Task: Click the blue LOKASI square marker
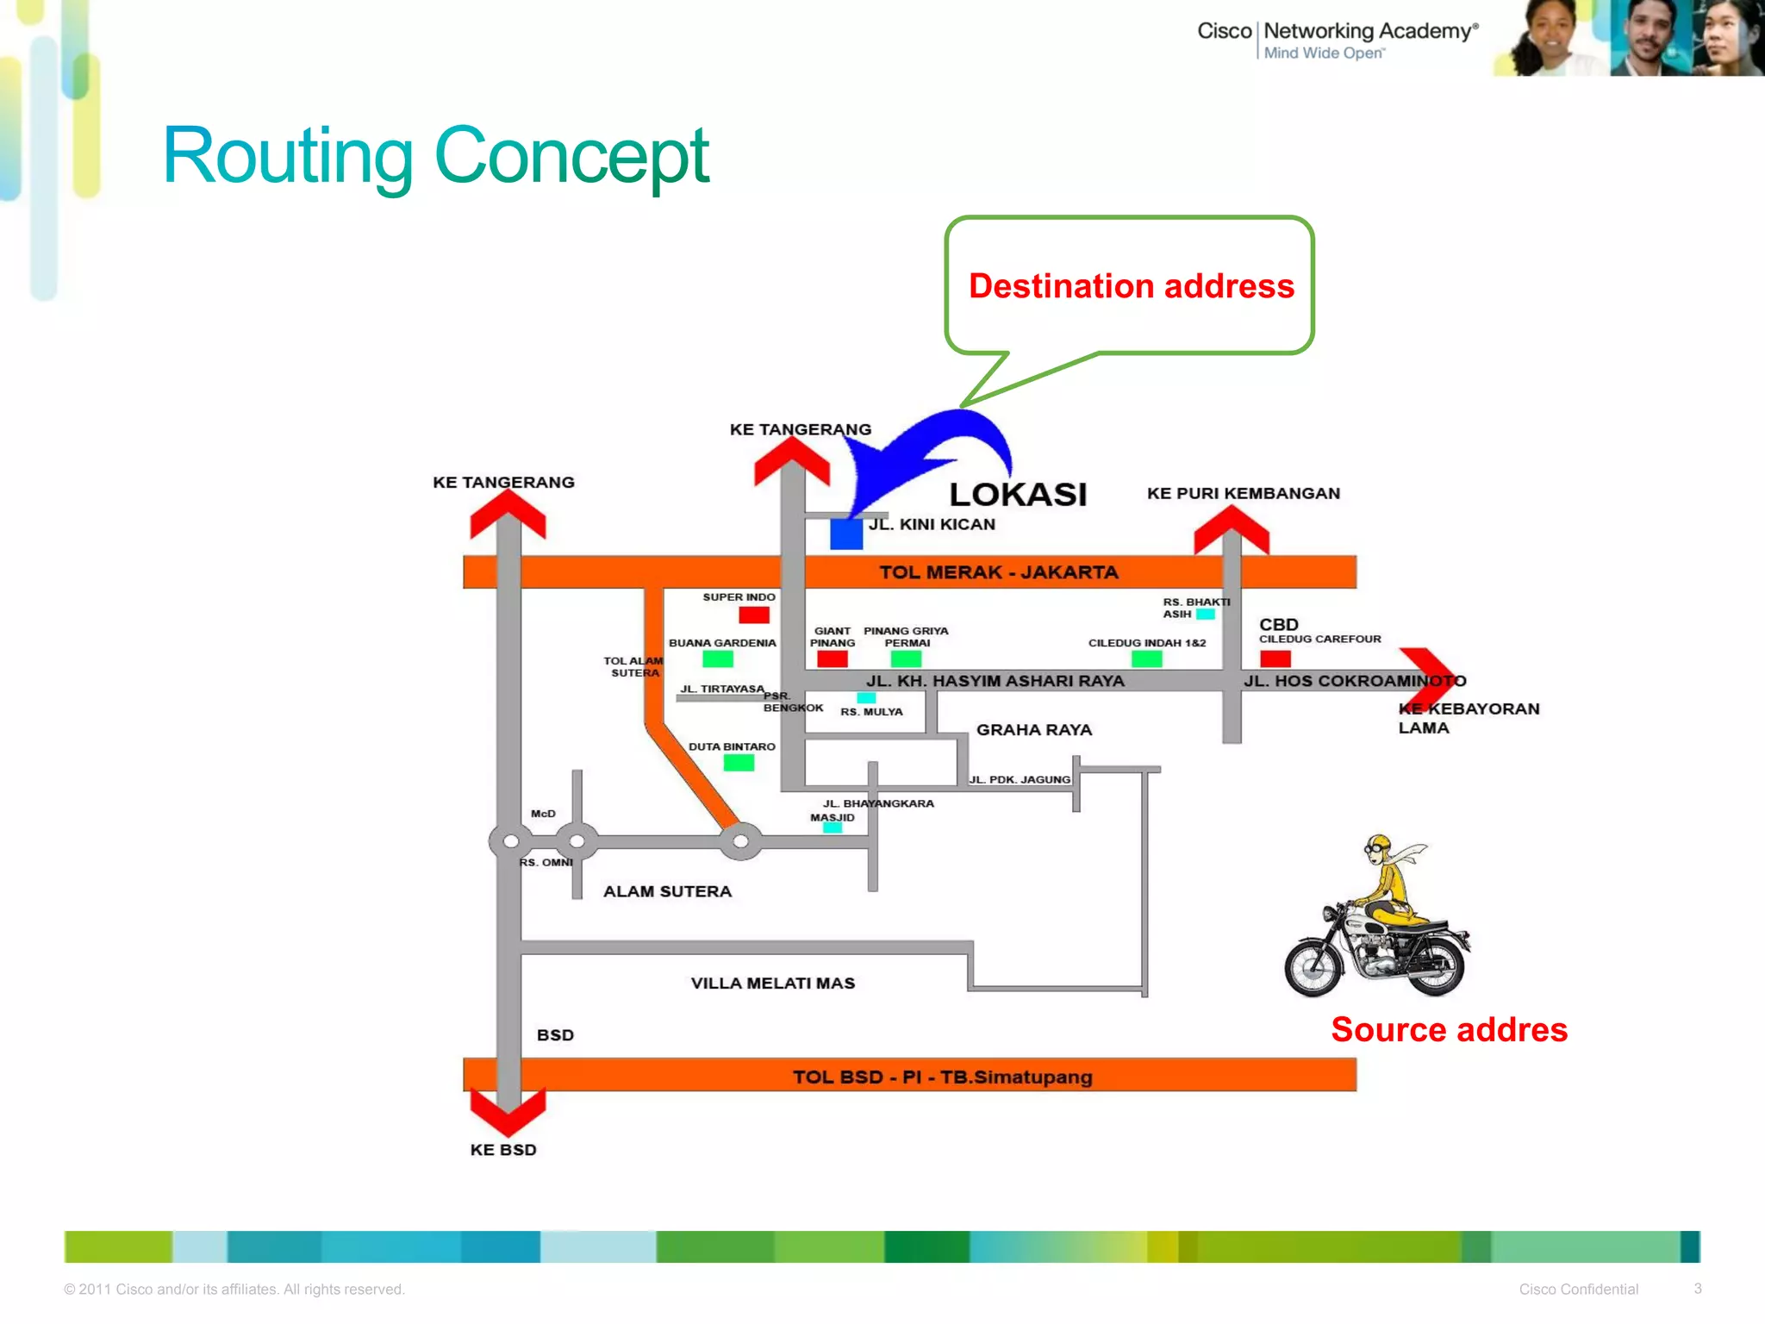846,534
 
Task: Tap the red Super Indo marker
754,615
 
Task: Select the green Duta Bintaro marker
739,763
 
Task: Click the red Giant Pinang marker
832,659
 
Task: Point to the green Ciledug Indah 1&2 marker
1146,659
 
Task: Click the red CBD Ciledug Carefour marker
1275,659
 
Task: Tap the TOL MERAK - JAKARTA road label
998,572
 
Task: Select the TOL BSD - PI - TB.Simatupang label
942,1077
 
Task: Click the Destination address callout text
1131,286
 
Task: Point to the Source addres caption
1449,1030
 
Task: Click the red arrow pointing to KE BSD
508,1112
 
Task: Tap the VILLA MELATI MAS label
772,984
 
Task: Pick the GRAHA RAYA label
1033,730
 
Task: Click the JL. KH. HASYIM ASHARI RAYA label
995,681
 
